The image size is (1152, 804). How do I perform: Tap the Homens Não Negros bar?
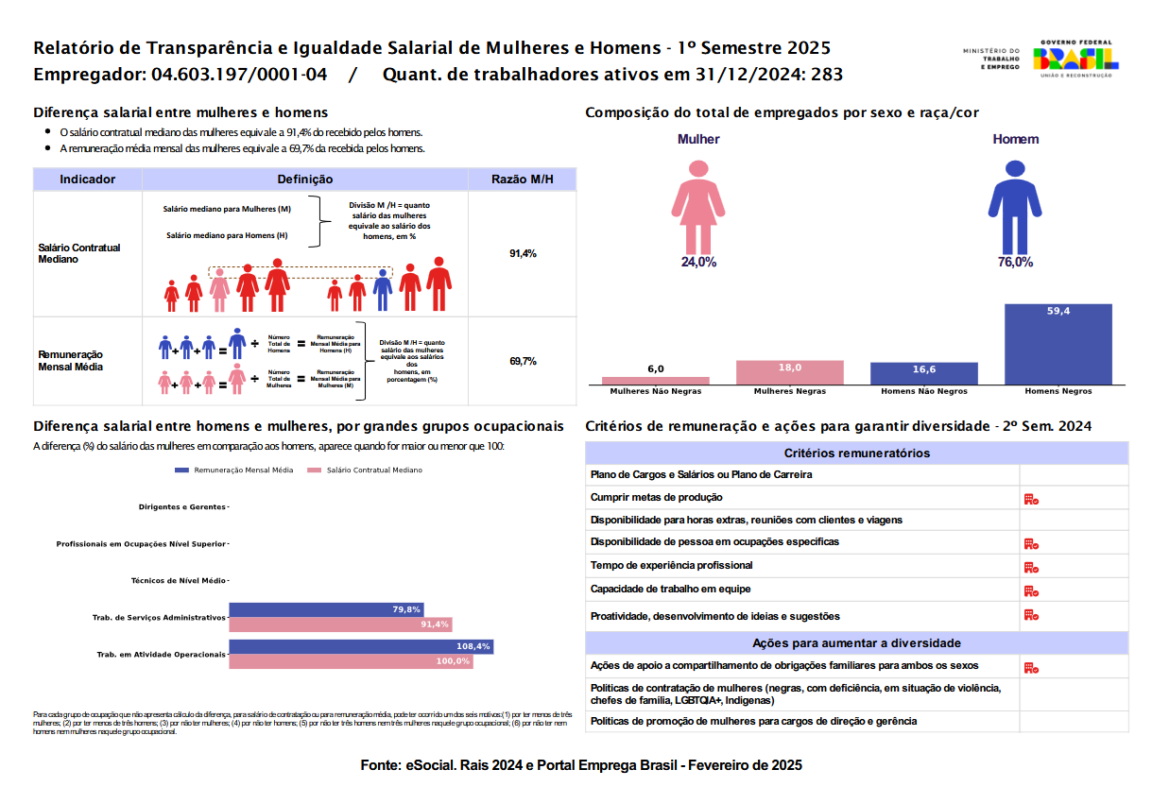(924, 374)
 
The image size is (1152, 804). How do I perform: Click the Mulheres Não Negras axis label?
(656, 391)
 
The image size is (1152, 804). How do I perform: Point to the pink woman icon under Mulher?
(698, 206)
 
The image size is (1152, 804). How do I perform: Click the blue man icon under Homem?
(1015, 206)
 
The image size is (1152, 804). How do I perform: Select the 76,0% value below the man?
(1015, 263)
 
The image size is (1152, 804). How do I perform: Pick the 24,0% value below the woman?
(698, 263)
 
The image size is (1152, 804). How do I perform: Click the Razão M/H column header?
(523, 180)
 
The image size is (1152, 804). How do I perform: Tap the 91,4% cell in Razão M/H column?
(523, 254)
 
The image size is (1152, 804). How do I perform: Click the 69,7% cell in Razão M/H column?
(523, 361)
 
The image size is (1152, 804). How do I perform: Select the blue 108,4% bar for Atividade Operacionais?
(361, 647)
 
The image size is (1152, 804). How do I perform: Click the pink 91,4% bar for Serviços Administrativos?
(340, 624)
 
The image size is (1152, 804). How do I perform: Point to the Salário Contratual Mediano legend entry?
(367, 470)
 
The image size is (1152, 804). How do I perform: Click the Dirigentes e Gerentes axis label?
(182, 507)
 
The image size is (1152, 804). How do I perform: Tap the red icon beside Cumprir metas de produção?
(1031, 499)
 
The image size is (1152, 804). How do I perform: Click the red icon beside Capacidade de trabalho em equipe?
(1031, 590)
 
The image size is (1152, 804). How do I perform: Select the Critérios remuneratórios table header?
(857, 453)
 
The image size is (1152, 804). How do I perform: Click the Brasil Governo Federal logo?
(1077, 59)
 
